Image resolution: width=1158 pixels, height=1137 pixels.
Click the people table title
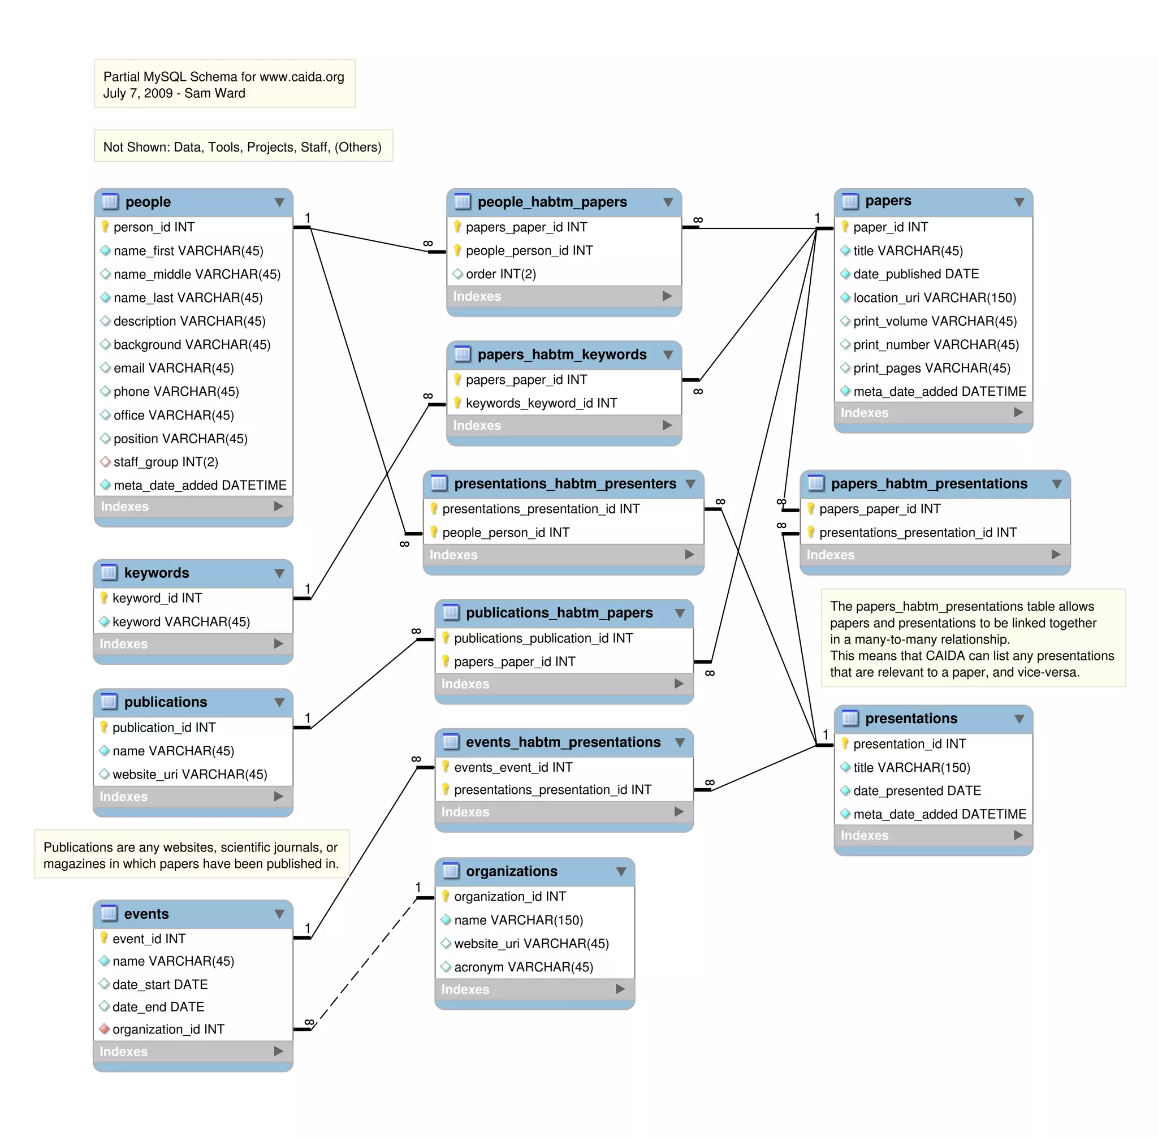148,202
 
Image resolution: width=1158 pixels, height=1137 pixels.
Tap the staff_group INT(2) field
166,461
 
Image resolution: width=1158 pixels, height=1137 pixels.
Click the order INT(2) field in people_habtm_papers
500,274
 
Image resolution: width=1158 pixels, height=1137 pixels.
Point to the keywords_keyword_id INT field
541,403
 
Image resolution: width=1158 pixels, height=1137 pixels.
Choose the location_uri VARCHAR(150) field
934,297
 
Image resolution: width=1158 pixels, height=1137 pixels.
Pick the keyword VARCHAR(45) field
181,622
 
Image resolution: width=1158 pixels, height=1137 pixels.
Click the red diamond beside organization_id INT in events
105,1029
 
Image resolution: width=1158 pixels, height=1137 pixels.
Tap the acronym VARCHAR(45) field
523,967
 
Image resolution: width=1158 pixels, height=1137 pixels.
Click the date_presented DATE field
917,790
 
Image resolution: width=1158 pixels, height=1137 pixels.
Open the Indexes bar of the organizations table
534,989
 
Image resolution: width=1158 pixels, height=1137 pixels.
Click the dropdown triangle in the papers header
1019,202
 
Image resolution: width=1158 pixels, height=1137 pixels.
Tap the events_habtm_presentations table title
563,742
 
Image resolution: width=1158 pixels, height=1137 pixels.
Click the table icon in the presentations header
849,718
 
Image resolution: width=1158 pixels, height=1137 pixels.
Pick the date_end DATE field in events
158,1007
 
